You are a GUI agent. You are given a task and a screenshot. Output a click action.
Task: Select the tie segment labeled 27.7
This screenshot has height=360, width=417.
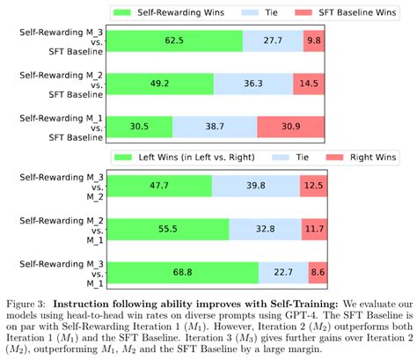click(x=272, y=40)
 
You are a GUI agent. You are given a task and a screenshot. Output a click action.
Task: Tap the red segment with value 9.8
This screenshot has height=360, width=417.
click(x=312, y=40)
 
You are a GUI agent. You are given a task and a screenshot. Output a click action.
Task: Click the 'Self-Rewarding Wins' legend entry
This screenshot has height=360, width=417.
click(x=172, y=12)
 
